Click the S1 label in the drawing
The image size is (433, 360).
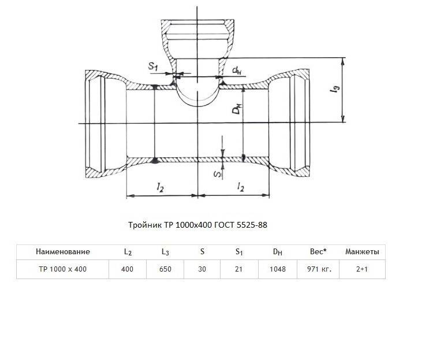[x=153, y=66]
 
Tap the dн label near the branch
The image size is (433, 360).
[x=237, y=71]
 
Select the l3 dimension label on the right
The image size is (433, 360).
[x=335, y=89]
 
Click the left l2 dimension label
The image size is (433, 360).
[x=160, y=187]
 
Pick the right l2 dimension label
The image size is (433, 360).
[x=241, y=187]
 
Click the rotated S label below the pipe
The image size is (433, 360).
[x=218, y=174]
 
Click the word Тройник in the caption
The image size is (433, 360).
[x=145, y=225]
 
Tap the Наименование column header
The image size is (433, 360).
[x=63, y=251]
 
